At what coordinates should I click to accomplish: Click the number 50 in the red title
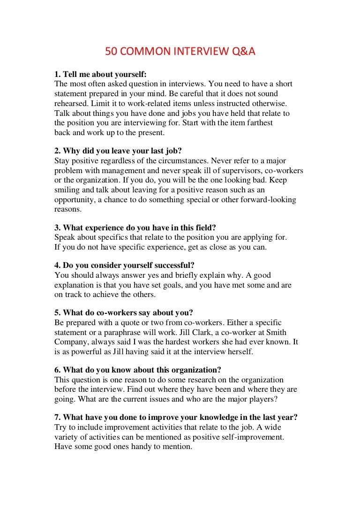[x=111, y=53]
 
